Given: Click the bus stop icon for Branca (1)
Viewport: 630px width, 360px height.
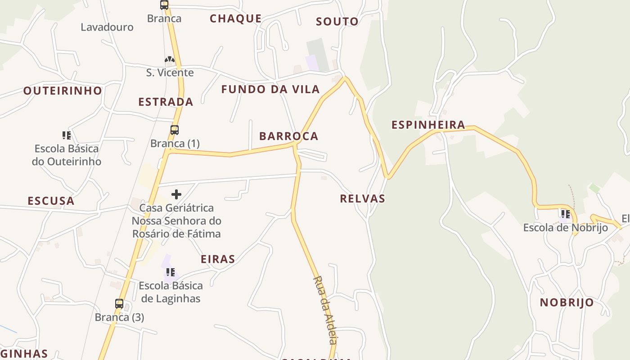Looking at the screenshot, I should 175,130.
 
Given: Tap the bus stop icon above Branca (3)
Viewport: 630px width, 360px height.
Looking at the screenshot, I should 119,304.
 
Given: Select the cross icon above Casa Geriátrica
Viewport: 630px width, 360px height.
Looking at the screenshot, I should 176,194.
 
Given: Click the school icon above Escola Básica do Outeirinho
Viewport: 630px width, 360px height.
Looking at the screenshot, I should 67,135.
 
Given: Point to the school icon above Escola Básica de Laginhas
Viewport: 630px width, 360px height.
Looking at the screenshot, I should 171,272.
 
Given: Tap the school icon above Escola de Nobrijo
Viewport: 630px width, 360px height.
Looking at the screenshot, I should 565,214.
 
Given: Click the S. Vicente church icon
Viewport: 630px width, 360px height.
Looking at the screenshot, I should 169,59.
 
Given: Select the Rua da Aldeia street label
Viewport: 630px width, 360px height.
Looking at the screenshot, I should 325,310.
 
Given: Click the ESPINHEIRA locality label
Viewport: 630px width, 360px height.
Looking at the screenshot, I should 428,125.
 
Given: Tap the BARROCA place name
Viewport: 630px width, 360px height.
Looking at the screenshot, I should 288,136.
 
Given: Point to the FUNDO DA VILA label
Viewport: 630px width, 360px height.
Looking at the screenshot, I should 270,89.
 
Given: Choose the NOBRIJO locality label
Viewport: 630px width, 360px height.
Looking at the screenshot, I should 567,302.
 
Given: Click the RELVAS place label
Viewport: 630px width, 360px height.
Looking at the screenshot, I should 362,198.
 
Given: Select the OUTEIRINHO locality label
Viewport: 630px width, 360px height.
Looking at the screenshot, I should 63,91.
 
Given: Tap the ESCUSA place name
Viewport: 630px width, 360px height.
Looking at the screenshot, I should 51,201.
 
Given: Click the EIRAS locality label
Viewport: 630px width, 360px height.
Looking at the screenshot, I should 218,259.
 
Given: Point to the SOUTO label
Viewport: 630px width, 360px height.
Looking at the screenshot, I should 337,22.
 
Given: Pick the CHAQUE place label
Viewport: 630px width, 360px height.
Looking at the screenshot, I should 235,18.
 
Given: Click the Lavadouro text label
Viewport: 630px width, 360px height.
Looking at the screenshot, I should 107,27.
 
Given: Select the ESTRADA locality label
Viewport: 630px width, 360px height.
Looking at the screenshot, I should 166,102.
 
